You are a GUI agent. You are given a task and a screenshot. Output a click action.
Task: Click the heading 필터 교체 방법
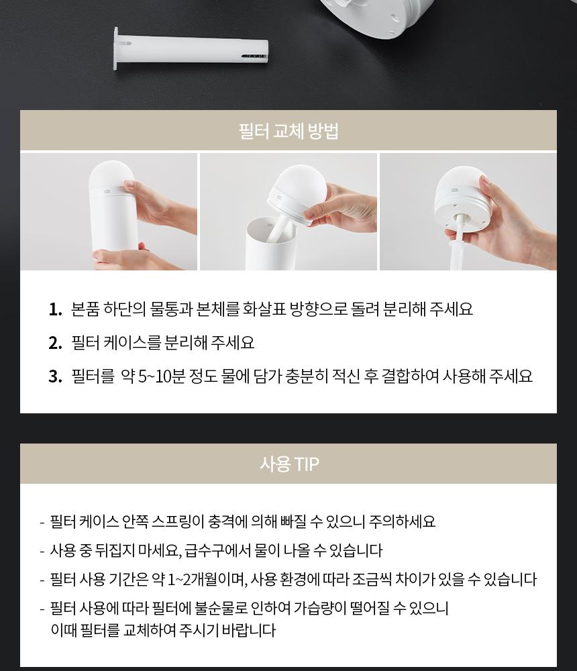point(288,131)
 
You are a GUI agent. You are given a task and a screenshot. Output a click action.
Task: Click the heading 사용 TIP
point(289,464)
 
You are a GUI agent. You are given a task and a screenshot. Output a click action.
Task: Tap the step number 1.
point(55,309)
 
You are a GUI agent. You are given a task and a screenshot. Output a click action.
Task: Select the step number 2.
point(55,343)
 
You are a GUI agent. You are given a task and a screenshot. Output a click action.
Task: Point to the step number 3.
point(55,376)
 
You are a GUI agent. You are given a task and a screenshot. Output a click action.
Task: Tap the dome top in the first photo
point(111,174)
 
